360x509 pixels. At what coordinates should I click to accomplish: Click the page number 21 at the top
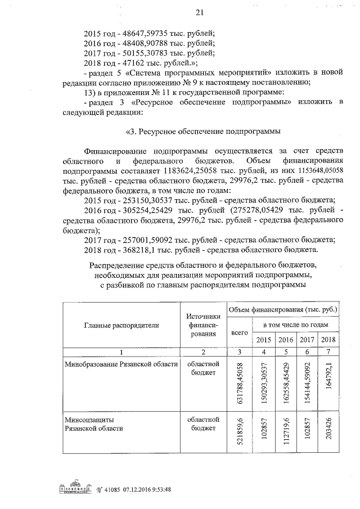pyautogui.click(x=183, y=13)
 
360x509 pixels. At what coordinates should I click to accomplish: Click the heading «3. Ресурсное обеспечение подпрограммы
pyautogui.click(x=203, y=132)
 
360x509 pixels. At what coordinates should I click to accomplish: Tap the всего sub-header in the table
pyautogui.click(x=240, y=333)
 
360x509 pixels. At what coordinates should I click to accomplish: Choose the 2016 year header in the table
pyautogui.click(x=286, y=340)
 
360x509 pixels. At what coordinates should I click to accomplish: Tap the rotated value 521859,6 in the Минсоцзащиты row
pyautogui.click(x=240, y=433)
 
